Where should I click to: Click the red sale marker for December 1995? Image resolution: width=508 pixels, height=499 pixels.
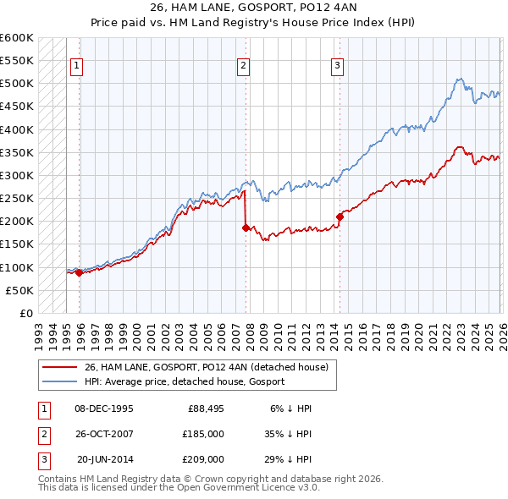click(79, 272)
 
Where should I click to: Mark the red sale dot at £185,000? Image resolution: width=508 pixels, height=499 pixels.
click(246, 228)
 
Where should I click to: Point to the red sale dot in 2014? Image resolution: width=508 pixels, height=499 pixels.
click(340, 217)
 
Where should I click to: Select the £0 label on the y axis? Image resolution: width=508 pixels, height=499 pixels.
click(25, 313)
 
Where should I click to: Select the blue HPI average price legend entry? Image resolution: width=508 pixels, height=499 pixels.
click(185, 381)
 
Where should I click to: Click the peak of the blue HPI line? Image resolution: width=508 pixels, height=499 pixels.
click(458, 79)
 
